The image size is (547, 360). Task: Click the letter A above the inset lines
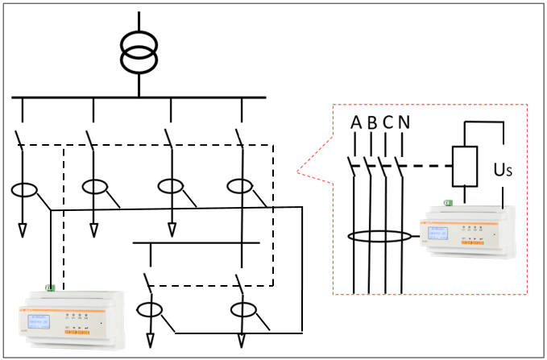[x=355, y=122]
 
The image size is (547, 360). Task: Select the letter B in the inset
[x=371, y=122]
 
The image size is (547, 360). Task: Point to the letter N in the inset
[x=404, y=122]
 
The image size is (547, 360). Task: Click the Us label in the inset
[x=502, y=171]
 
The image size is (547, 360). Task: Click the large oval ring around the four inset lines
[x=379, y=238]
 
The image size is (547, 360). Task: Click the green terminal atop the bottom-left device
[x=50, y=288]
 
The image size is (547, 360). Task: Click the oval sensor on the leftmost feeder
[x=23, y=191]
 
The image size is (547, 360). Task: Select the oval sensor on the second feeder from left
[x=94, y=187]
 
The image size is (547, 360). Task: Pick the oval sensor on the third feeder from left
[x=171, y=186]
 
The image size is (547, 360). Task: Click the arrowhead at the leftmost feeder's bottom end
[x=23, y=232]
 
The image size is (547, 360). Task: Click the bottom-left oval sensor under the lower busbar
[x=149, y=308]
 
